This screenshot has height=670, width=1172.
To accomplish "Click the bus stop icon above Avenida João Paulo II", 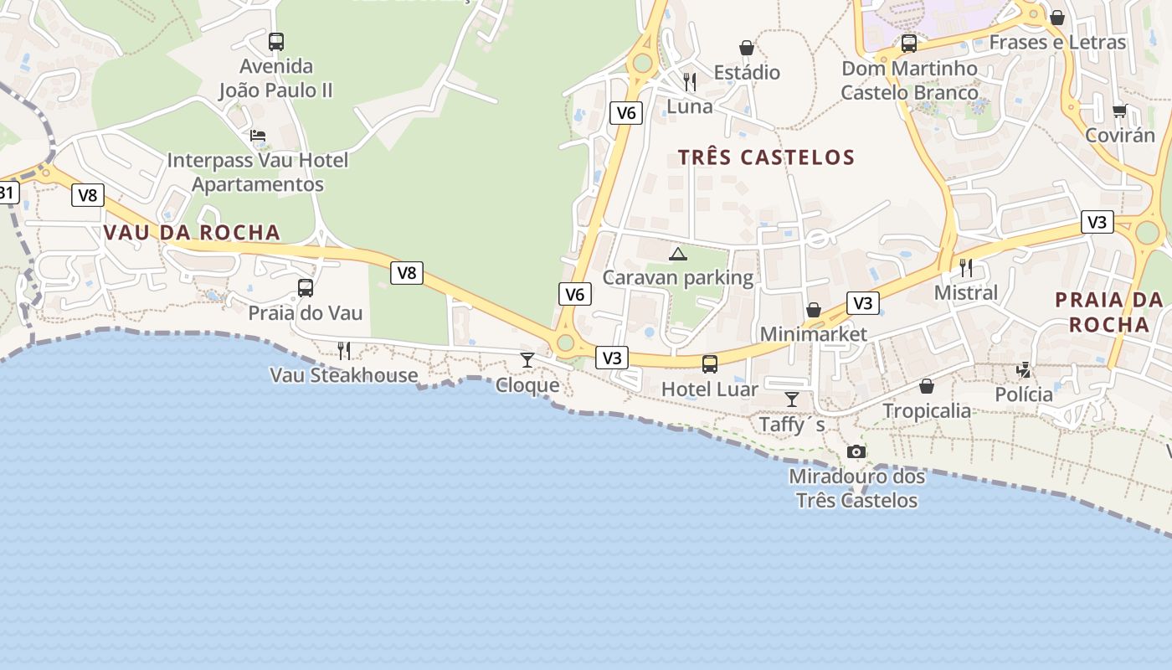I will tap(276, 41).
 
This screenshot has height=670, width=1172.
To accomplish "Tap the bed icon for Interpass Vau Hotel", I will tap(258, 136).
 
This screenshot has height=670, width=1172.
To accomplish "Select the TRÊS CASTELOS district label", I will tap(766, 157).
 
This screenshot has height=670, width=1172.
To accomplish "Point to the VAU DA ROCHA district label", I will tap(192, 233).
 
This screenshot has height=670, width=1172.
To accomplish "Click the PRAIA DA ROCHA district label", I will tap(1108, 312).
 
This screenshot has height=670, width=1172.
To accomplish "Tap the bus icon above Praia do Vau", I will tap(306, 288).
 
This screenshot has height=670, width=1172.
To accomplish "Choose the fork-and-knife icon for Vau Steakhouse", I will tap(344, 350).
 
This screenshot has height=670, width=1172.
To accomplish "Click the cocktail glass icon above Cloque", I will tap(527, 360).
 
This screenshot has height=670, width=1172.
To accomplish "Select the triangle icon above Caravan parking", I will tap(678, 254).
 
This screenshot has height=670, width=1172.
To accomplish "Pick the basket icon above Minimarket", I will tap(813, 311).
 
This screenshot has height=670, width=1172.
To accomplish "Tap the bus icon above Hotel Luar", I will tap(710, 364).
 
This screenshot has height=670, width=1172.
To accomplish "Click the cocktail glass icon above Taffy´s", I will tap(792, 399).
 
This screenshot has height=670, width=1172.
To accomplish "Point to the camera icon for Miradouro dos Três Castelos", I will tap(856, 452).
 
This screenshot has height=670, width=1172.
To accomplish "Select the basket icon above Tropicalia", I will tap(927, 386).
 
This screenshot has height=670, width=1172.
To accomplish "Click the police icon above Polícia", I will tap(1023, 369).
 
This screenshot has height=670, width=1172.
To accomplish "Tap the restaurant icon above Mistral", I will tap(966, 268).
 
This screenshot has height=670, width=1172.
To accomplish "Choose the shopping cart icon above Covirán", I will tap(1119, 111).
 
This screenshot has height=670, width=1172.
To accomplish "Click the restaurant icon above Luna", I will tap(690, 81).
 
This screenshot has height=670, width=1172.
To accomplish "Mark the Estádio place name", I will tap(747, 73).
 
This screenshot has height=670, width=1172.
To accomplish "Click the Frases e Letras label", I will tap(1057, 42).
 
